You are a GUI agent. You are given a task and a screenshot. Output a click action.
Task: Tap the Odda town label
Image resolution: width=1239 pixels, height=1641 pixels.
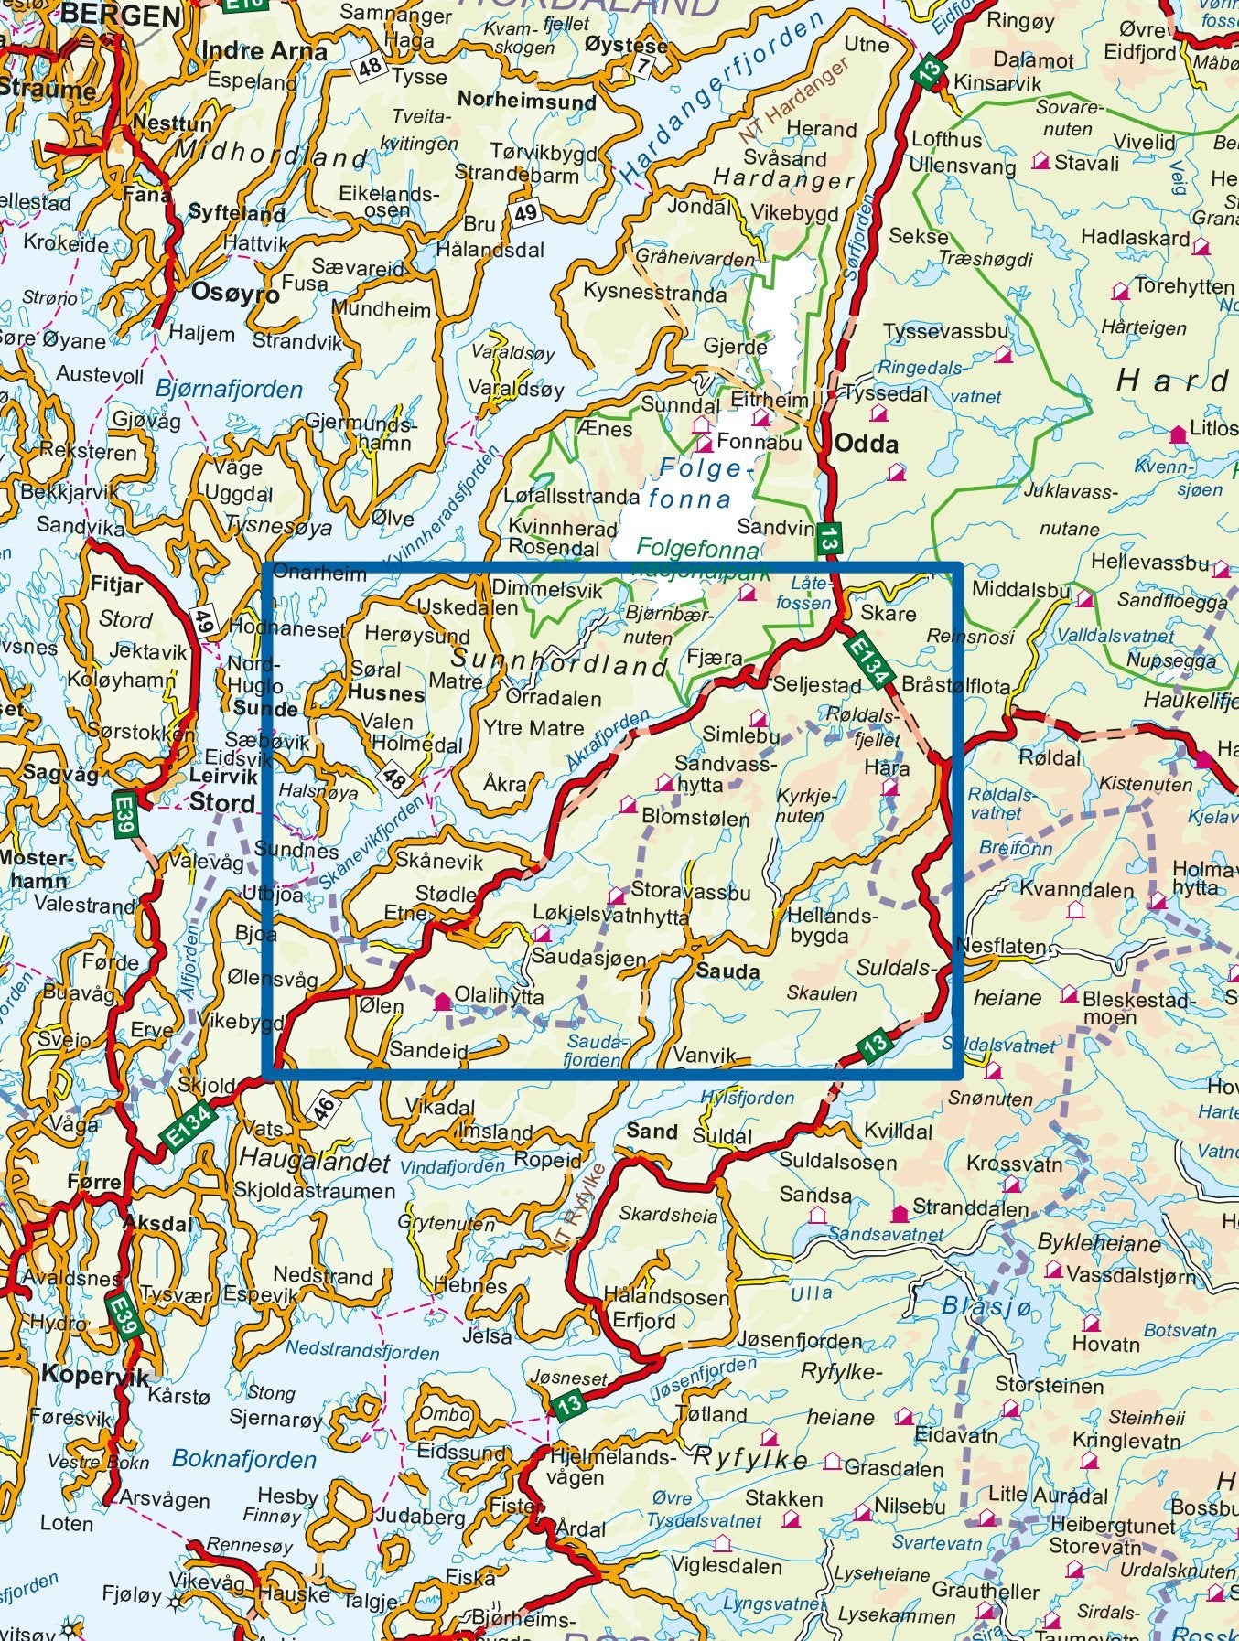pos(866,445)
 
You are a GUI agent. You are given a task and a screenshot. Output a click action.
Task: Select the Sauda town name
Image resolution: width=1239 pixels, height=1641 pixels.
pos(728,971)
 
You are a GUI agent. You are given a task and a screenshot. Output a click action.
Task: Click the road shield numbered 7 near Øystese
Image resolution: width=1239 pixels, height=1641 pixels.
pos(644,66)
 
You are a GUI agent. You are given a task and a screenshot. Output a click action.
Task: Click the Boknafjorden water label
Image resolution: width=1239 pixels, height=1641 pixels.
pos(243,1460)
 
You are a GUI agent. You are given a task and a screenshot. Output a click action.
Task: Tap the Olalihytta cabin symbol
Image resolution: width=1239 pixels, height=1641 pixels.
pos(443,1002)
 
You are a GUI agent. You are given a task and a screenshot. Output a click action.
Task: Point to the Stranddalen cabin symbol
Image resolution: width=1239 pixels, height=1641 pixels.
pos(900,1214)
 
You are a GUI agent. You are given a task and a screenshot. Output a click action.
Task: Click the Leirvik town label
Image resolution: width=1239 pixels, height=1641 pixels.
pos(215,776)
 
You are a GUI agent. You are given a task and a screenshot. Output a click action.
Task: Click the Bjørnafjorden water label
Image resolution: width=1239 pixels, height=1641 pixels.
pos(229,390)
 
